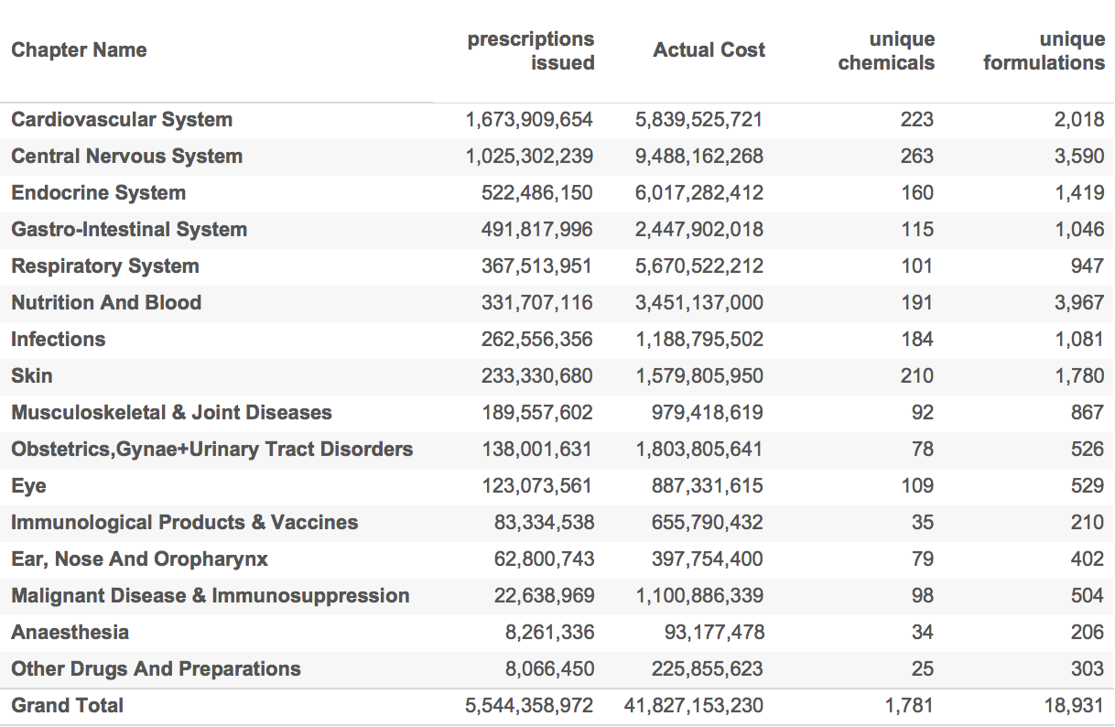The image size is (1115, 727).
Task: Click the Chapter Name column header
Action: pos(79,50)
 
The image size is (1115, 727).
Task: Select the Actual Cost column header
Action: pos(709,50)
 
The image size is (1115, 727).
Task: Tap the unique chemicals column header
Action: pos(886,51)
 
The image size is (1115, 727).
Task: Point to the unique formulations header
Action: pos(1044,51)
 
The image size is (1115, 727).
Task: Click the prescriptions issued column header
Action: pos(531,51)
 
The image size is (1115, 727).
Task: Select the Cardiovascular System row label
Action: pos(122,120)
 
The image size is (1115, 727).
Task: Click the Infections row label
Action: pos(59,340)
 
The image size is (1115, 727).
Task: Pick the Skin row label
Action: pos(32,376)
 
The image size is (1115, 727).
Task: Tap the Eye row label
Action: pos(28,486)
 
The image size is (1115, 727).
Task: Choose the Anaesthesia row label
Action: pos(70,633)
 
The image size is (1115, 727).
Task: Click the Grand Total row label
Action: pos(68,706)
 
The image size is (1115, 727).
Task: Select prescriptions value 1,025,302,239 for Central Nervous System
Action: pos(529,157)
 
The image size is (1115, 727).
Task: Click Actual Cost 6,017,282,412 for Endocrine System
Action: pos(699,193)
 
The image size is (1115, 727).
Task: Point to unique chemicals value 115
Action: pos(916,230)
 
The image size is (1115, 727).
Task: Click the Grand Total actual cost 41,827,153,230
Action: pos(693,706)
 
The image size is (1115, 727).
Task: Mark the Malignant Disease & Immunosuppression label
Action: pos(211,596)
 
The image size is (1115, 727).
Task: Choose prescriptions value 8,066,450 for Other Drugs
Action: pos(549,669)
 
